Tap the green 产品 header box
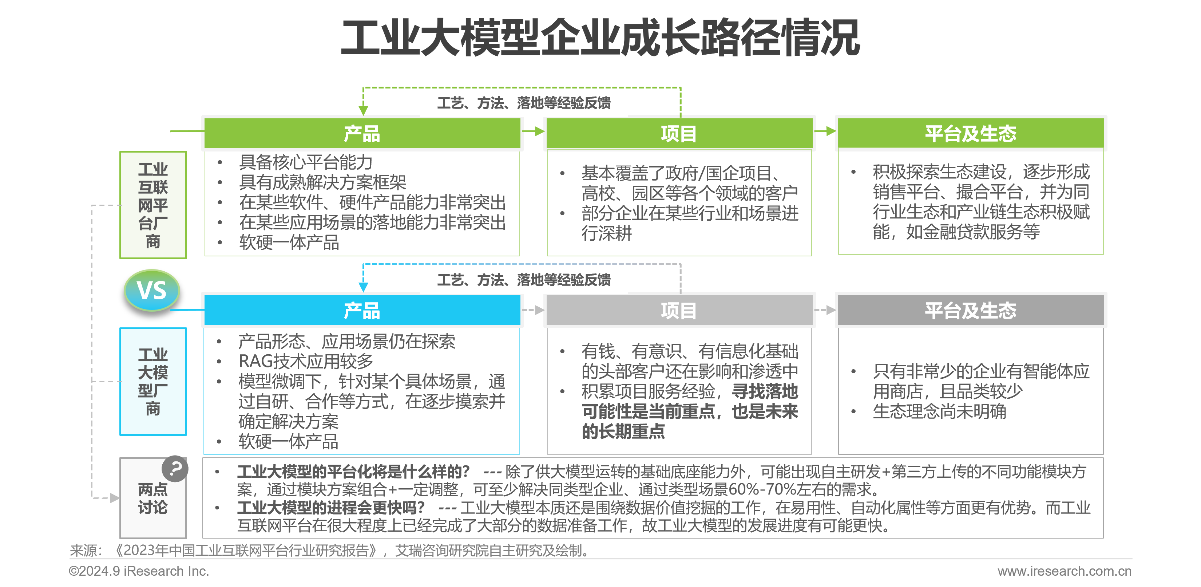coord(362,133)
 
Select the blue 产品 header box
coord(362,310)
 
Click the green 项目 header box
coord(679,133)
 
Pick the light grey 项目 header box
coord(679,310)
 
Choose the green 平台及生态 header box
coord(971,133)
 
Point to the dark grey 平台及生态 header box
coord(971,310)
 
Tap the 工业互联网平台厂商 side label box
coord(153,205)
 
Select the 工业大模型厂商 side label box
coord(153,382)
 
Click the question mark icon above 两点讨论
coord(175,469)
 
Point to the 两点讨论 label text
coord(153,499)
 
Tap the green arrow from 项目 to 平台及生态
coord(825,131)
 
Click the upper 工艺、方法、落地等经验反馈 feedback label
coord(524,103)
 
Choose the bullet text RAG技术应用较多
coord(306,361)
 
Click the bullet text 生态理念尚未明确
coord(939,411)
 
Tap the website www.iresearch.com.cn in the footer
coord(1065,571)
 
